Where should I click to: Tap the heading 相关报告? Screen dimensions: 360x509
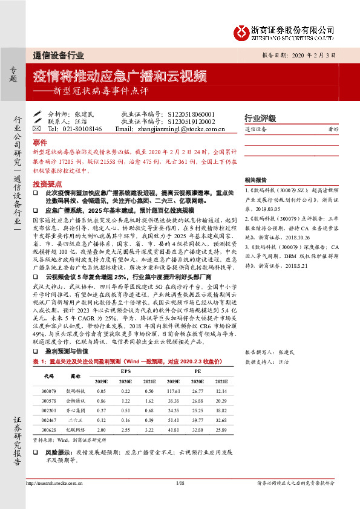(255, 180)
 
